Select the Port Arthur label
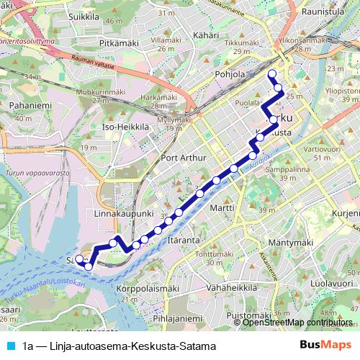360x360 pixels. pyautogui.click(x=185, y=158)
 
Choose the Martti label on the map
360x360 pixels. pyautogui.click(x=224, y=209)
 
